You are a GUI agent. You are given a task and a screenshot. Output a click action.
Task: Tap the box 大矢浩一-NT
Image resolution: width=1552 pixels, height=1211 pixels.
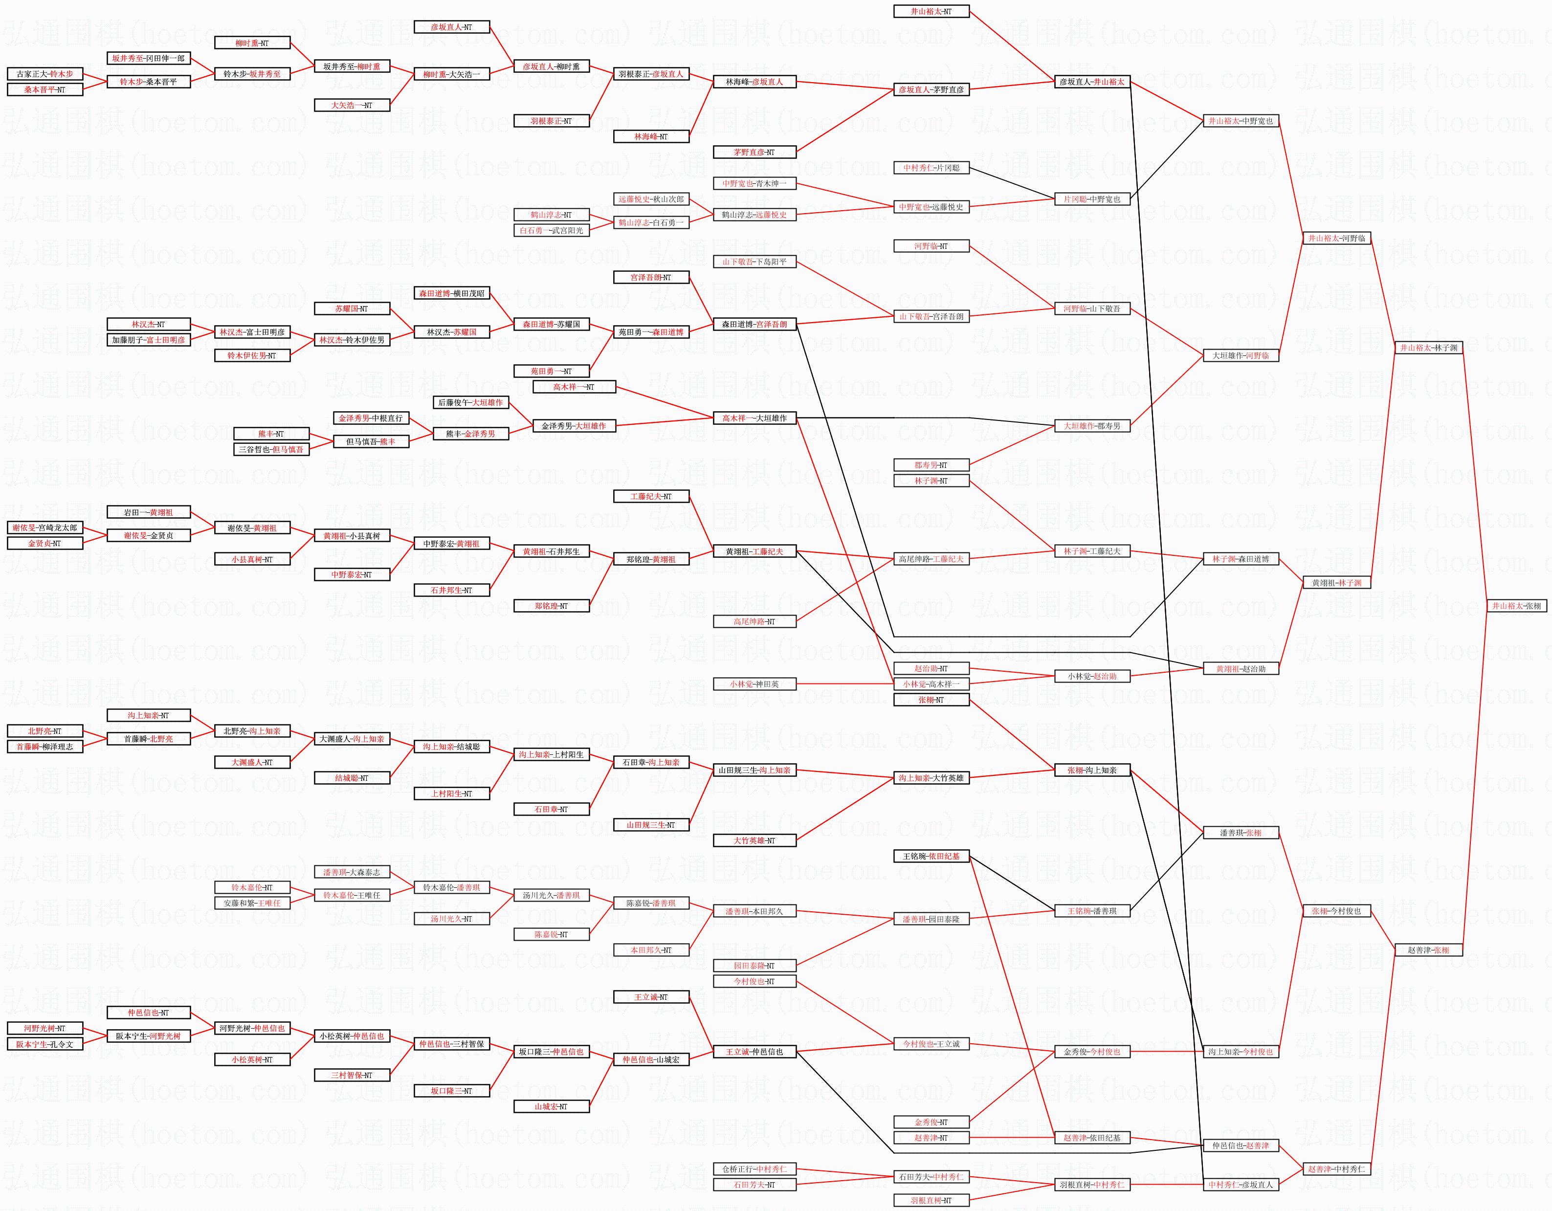(352, 105)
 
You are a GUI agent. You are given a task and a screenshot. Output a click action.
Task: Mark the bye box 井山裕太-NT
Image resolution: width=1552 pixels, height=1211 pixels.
(931, 11)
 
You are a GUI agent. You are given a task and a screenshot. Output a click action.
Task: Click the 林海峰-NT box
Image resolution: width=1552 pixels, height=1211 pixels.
(651, 136)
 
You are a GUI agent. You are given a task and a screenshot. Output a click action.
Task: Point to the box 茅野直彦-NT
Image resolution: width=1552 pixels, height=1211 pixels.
(754, 152)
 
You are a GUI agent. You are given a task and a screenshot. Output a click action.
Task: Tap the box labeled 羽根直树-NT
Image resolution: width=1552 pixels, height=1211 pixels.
(931, 1200)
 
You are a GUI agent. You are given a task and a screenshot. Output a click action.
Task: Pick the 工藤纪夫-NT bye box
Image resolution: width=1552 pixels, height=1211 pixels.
(651, 497)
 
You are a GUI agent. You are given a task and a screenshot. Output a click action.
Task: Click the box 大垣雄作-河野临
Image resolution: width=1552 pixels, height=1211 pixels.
(1241, 355)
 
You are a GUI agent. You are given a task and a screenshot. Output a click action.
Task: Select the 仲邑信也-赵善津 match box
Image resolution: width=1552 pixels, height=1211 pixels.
(1241, 1145)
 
